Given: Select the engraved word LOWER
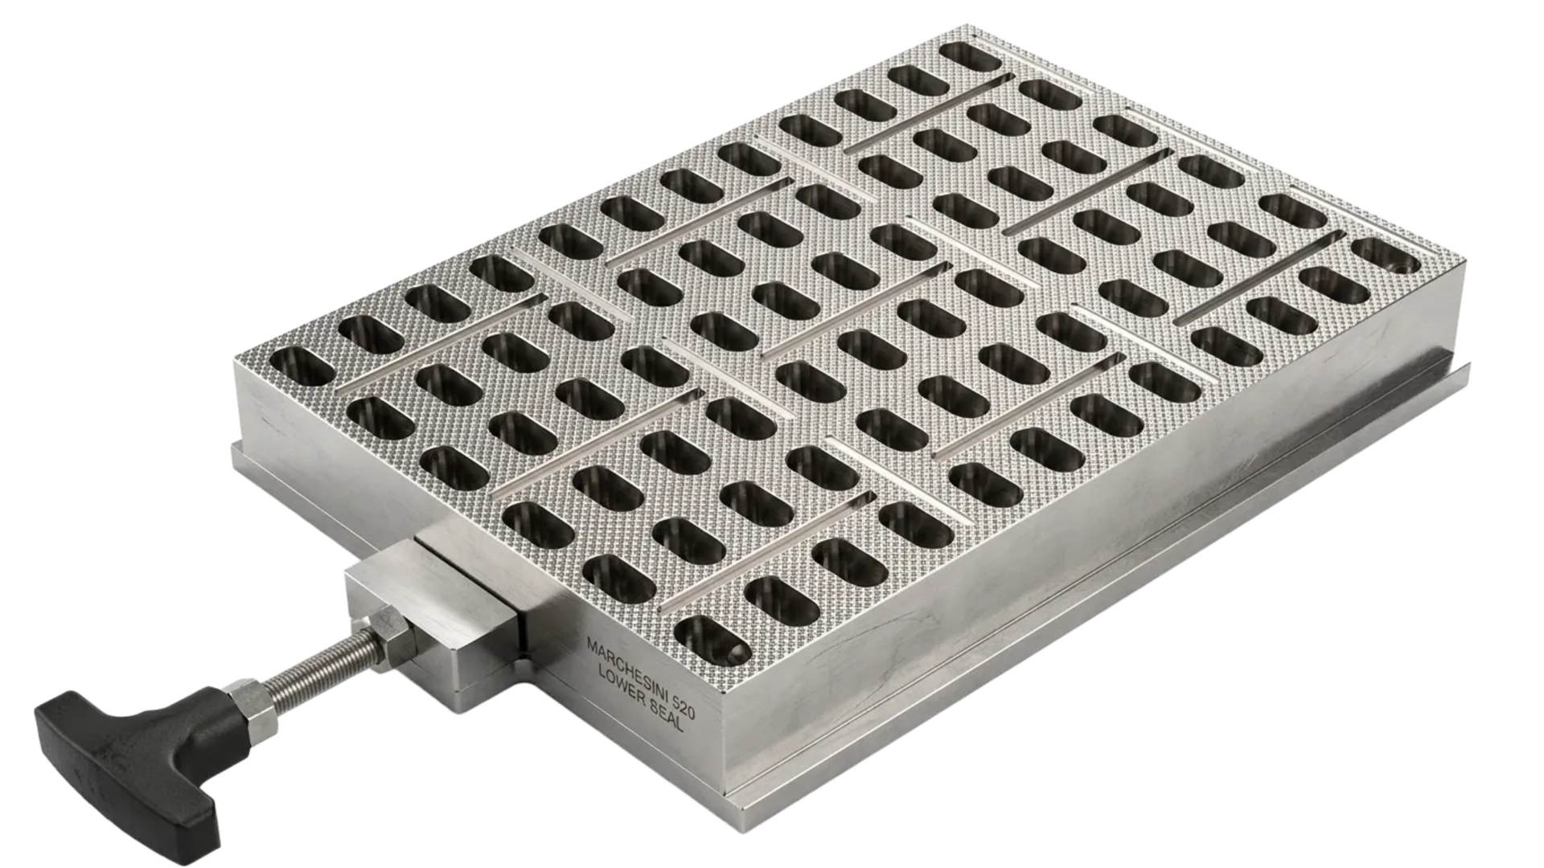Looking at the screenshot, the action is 622,685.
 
